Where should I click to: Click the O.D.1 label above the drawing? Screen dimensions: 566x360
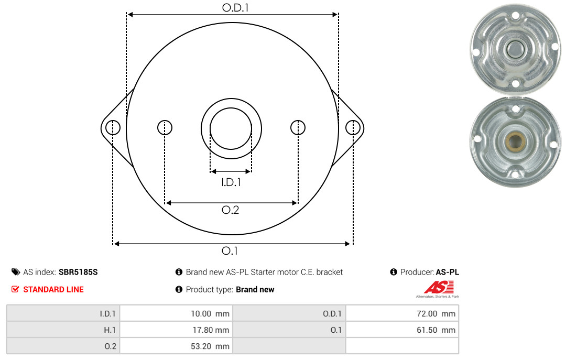(x=235, y=7)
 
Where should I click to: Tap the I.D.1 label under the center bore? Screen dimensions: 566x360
(x=231, y=182)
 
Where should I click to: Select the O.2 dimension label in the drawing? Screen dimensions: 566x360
(x=230, y=210)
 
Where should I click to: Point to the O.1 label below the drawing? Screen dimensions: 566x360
(x=230, y=250)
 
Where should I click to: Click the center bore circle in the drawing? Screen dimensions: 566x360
(x=231, y=107)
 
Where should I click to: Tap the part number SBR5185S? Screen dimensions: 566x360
(x=78, y=272)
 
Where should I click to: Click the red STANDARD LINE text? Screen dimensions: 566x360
(x=53, y=290)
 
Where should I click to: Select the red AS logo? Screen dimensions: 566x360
(x=439, y=287)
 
